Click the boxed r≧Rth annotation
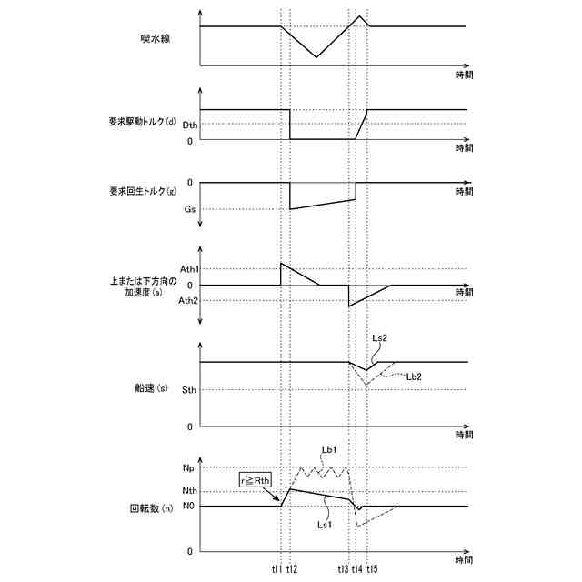[255, 480]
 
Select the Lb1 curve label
[329, 449]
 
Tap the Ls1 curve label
[325, 525]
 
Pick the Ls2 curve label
[380, 338]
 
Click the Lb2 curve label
[413, 375]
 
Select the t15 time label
[372, 569]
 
